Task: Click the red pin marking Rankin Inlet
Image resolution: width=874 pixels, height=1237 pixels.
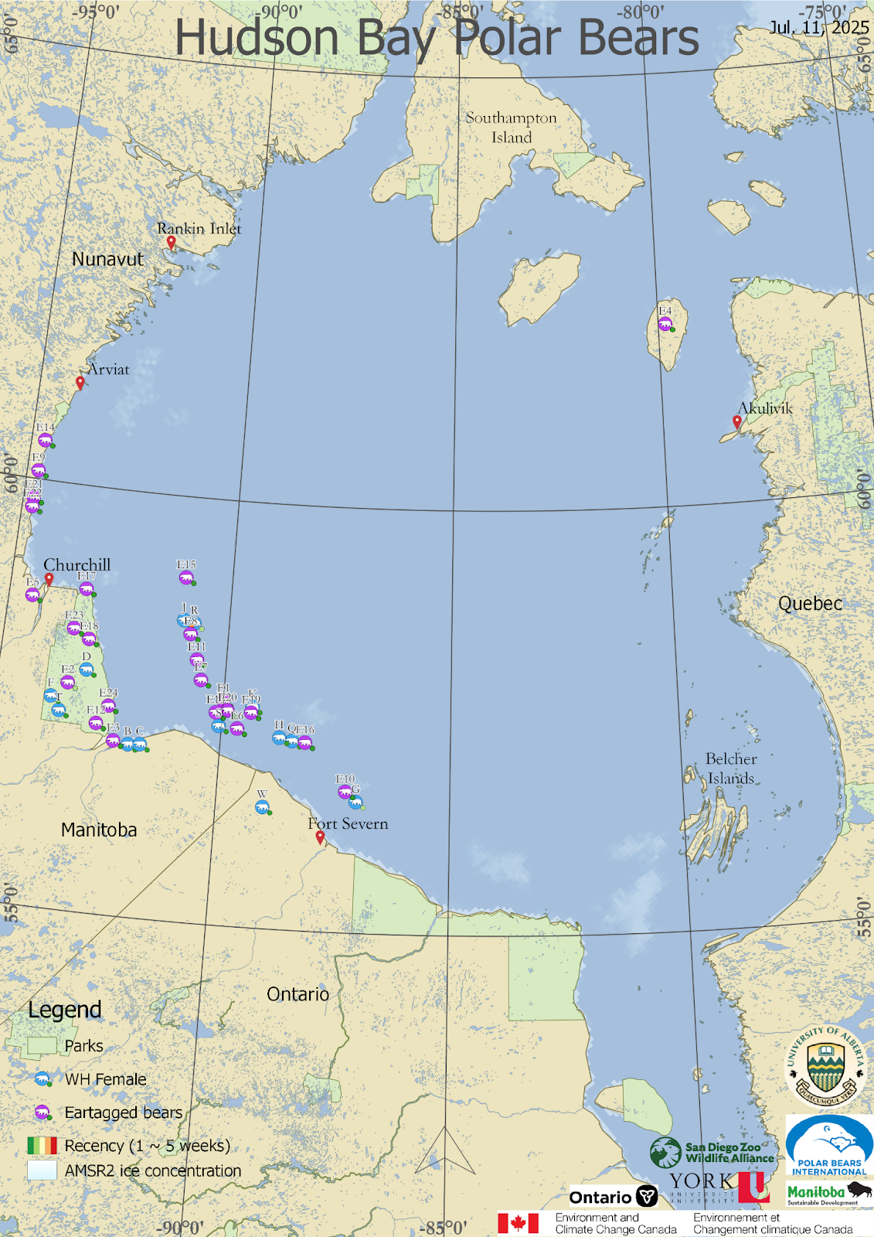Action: pyautogui.click(x=171, y=242)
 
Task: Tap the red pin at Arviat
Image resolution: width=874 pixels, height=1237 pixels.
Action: pyautogui.click(x=80, y=382)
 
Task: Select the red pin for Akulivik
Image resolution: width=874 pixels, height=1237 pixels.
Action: pyautogui.click(x=737, y=422)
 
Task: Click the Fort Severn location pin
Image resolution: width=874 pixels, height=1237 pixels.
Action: pyautogui.click(x=320, y=837)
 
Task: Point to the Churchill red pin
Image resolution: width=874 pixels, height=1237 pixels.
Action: pyautogui.click(x=49, y=579)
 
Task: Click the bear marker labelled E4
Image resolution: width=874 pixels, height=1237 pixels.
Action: pyautogui.click(x=665, y=324)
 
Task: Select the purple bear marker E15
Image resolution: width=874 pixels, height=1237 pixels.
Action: pyautogui.click(x=186, y=578)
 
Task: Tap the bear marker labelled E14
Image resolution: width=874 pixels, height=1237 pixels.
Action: pyautogui.click(x=46, y=441)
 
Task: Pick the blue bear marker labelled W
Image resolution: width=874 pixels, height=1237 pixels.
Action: pyautogui.click(x=263, y=808)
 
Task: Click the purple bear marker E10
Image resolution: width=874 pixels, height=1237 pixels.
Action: pyautogui.click(x=345, y=792)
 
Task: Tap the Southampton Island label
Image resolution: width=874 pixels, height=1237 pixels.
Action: pyautogui.click(x=511, y=128)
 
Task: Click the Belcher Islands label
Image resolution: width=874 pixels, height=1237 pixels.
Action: pyautogui.click(x=731, y=768)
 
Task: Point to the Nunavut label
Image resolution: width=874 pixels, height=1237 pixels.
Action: pyautogui.click(x=107, y=259)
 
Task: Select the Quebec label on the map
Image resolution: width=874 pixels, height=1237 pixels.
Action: pyautogui.click(x=810, y=604)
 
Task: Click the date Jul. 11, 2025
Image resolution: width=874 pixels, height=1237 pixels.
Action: pyautogui.click(x=818, y=28)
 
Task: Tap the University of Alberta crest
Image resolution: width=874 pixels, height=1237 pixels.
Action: pyautogui.click(x=825, y=1066)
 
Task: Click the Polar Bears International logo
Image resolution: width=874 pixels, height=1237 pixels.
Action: pyautogui.click(x=829, y=1147)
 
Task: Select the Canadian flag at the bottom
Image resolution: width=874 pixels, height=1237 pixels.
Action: pyautogui.click(x=518, y=1223)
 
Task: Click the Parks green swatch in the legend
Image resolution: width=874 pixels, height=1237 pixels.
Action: pyautogui.click(x=42, y=1045)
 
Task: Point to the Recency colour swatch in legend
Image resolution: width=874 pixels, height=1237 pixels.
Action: pyautogui.click(x=42, y=1145)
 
